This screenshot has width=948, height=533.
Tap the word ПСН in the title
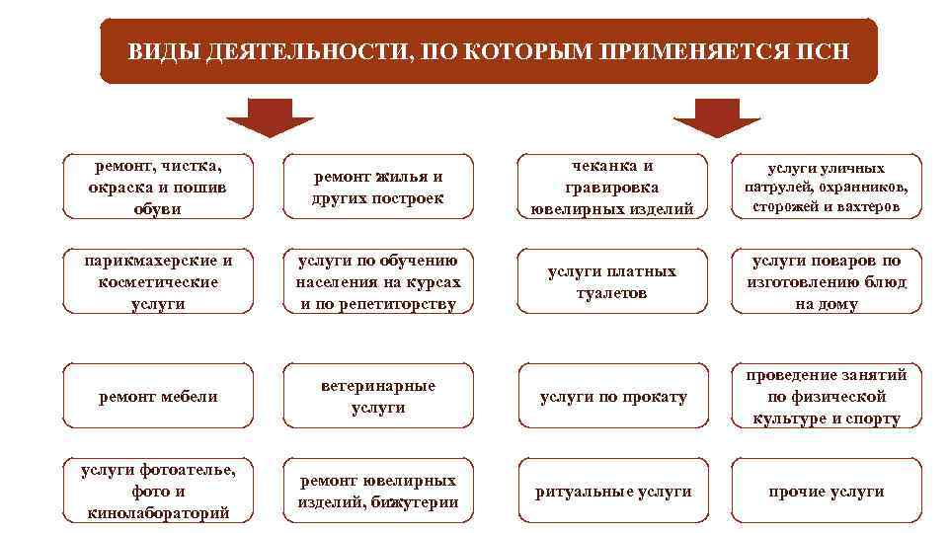point(823,51)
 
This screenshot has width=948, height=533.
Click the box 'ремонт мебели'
point(158,397)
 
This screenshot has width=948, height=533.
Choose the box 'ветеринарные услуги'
point(378,397)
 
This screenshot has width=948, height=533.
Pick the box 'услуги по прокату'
point(613,397)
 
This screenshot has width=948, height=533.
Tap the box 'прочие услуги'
point(827,492)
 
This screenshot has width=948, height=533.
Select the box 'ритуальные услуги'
point(613,492)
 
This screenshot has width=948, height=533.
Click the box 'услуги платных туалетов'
point(613,282)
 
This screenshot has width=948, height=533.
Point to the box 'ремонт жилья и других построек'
point(378,188)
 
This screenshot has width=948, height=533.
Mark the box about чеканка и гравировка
point(613,188)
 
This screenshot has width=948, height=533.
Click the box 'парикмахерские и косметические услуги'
point(158,282)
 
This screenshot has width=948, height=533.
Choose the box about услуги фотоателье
point(158,492)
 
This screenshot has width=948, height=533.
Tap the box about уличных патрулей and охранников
point(827,188)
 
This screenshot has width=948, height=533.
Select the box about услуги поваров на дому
point(827,282)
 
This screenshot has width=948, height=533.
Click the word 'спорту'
point(875,419)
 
